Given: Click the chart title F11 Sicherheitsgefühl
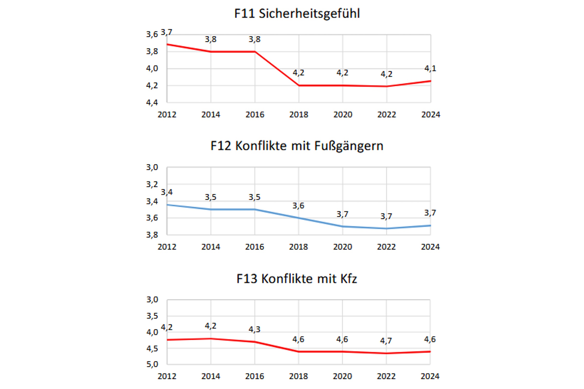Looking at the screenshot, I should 297,13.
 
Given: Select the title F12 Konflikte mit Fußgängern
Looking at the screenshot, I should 297,146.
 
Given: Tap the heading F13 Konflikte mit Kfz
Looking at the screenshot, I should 297,279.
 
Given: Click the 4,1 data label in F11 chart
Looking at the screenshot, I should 430,68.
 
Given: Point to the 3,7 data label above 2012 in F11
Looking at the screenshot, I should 166,32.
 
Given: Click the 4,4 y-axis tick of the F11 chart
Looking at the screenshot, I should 152,102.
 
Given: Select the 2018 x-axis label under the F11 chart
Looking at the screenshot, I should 298,114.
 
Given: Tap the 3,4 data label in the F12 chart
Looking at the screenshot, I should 167,192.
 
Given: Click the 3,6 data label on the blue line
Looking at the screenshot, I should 298,206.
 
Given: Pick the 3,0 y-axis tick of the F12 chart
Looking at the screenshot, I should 152,167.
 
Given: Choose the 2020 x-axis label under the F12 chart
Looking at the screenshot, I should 342,247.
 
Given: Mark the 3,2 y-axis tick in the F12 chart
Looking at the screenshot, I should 152,184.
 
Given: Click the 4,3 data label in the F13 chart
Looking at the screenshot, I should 254,329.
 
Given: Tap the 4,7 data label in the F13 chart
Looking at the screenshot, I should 386,341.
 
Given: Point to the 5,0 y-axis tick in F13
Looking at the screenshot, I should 152,364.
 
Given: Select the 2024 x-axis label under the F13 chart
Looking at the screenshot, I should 430,376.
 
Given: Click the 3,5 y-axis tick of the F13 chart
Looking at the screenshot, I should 152,316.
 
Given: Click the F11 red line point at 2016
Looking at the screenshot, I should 255,52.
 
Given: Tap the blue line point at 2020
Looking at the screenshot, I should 342,226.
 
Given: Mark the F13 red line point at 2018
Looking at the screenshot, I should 298,352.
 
